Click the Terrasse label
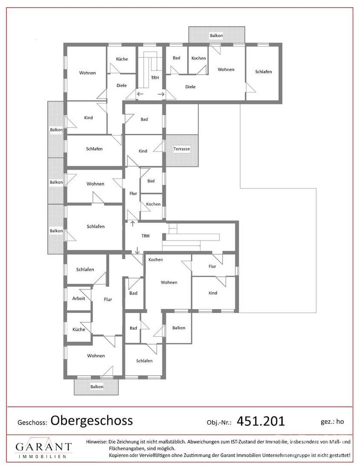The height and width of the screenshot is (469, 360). coord(182,149)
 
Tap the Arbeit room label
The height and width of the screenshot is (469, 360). coord(79,298)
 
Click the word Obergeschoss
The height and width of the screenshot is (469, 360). coord(92,420)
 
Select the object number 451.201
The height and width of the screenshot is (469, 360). coord(261,421)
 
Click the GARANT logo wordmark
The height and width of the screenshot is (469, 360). coord(44,447)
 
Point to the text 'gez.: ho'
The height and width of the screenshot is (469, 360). coord(332,421)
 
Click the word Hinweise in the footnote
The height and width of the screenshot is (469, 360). coord(96,442)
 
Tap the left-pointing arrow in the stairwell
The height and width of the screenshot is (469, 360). coord(140,94)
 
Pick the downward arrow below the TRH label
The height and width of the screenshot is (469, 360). coord(137,251)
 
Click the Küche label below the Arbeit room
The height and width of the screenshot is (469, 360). coord(79,329)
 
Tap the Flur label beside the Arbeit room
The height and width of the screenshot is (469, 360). coord(108,299)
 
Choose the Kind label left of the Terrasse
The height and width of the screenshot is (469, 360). coord(142,151)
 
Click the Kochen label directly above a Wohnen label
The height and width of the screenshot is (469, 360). coord(155,260)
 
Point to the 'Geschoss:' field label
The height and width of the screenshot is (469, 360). coord(33,423)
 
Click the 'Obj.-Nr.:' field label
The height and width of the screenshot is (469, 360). coord(219,423)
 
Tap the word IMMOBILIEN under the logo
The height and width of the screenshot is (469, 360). coord(43,457)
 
